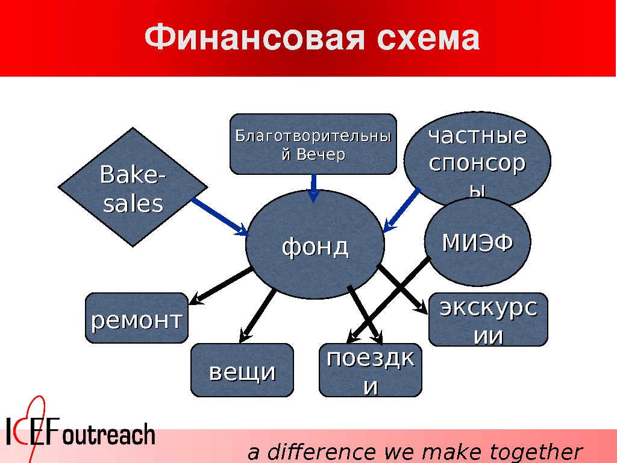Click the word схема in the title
[427, 39]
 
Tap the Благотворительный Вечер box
[313, 144]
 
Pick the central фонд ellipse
[315, 245]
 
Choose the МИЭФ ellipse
[477, 242]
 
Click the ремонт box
[136, 319]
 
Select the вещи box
[242, 371]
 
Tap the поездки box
[370, 371]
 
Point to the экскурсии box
[488, 320]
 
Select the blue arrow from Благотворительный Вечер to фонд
[313, 187]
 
